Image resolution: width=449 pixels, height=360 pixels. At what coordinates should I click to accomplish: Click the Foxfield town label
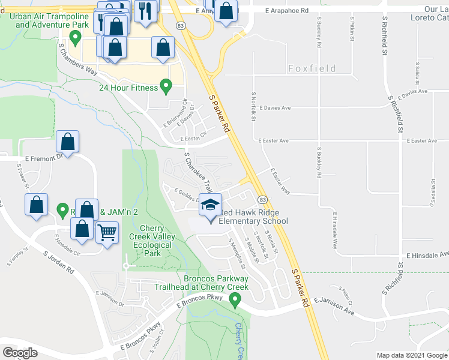click(312, 69)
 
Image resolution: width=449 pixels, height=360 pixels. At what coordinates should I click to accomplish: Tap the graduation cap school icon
click(210, 206)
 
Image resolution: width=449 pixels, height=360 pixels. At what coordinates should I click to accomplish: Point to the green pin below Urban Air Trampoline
click(75, 38)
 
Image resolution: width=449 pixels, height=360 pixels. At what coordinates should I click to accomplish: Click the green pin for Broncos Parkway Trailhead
click(236, 299)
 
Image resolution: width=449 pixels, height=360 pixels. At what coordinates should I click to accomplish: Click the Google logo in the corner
click(20, 353)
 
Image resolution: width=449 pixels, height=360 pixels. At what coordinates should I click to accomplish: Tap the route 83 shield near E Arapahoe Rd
click(181, 25)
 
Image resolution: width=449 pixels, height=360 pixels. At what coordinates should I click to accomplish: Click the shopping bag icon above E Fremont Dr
click(68, 143)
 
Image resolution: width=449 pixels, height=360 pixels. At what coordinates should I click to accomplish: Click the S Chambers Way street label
click(77, 58)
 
